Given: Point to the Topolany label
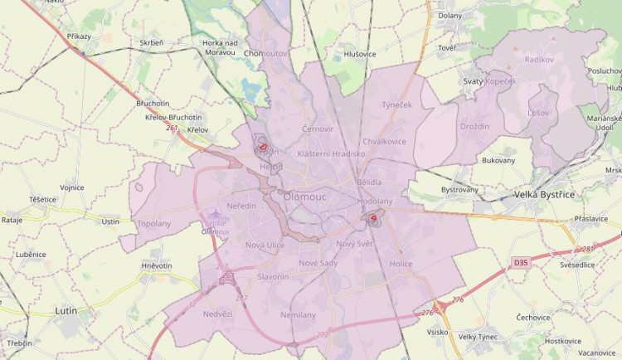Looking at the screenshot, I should pos(153,224).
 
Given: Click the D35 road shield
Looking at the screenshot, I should pos(521,263).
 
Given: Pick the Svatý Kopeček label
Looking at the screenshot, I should pos(488,81).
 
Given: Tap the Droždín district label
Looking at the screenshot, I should pos(474,126).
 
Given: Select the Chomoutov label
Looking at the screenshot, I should pos(265,53).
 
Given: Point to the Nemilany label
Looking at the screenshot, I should pos(298,315).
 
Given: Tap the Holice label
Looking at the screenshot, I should pos(401,264).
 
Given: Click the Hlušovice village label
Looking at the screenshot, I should pos(360,55).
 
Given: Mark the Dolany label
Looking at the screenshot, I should pos(449,15).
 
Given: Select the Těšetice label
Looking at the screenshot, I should pos(42,200).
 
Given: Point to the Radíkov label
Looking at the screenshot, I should pos(538,60).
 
